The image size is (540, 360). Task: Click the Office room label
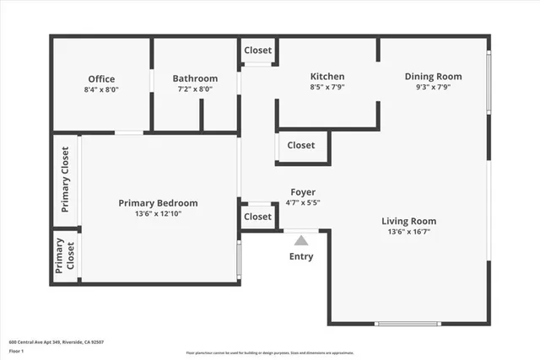101,79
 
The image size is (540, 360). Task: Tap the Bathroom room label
195,79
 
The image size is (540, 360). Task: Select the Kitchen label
327,76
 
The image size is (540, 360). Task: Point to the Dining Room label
434,76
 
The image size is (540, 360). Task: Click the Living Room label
412,221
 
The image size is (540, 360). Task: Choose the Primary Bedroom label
158,203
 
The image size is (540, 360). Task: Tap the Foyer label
303,192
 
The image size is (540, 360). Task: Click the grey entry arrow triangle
301,241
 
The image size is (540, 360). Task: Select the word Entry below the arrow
301,257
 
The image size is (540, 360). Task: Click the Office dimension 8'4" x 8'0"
101,89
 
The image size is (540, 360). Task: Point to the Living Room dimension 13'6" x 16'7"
412,232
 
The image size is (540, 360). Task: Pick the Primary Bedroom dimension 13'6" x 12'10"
158,214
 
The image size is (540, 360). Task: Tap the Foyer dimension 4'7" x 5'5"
303,202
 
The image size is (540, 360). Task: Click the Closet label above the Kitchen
258,51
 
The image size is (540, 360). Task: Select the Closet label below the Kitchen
300,145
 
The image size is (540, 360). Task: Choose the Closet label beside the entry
257,217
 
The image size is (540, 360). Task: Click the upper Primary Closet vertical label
65,179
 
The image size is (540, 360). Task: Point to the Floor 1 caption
16,350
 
